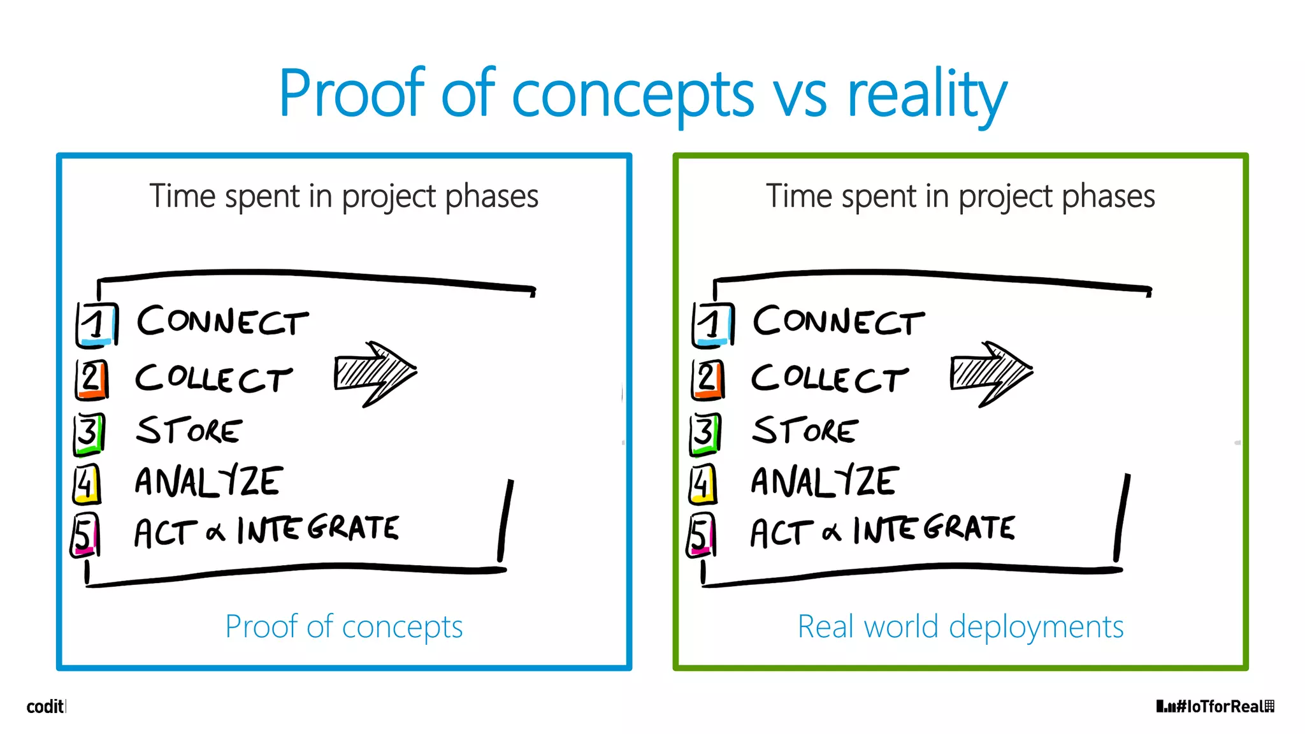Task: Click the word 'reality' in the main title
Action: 927,96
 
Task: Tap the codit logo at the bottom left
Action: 45,706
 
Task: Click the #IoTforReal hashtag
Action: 1216,706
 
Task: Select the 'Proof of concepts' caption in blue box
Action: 344,626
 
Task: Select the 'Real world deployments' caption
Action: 960,626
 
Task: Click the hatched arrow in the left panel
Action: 375,373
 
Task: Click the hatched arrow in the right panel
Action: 990,373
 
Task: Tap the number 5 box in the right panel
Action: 702,535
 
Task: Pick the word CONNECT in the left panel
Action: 223,320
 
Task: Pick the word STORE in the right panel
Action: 805,430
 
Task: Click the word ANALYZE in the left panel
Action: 208,482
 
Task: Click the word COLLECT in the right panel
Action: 830,378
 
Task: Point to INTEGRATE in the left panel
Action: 319,529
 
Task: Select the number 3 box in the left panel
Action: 89,433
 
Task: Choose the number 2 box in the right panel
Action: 708,380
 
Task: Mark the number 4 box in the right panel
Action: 703,484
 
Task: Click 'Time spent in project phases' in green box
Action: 960,196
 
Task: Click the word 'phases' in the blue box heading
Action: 491,196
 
